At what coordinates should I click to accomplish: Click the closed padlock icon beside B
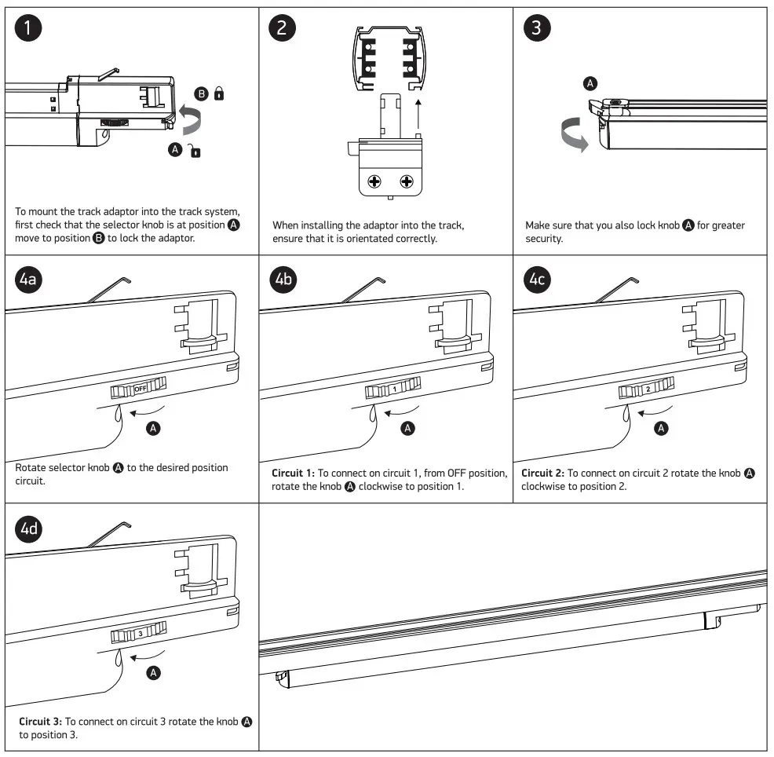pyautogui.click(x=218, y=94)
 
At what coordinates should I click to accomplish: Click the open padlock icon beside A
pyautogui.click(x=195, y=151)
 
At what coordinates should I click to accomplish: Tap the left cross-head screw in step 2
pyautogui.click(x=374, y=182)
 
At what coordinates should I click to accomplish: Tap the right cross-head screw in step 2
pyautogui.click(x=407, y=182)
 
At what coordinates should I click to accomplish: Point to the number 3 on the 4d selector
pyautogui.click(x=140, y=633)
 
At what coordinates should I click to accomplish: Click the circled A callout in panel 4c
pyautogui.click(x=662, y=428)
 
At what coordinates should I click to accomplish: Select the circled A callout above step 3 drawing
pyautogui.click(x=591, y=82)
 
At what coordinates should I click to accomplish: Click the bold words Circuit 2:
pyautogui.click(x=542, y=473)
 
